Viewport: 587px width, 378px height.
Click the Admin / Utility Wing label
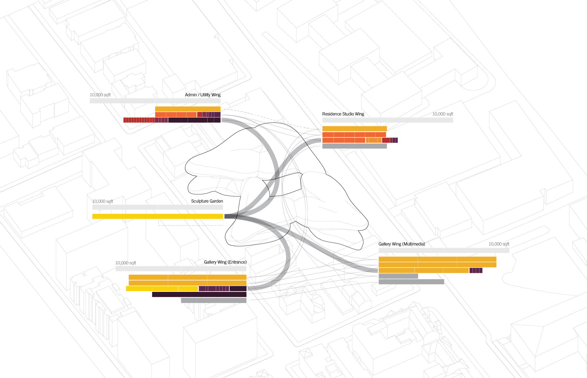[x=203, y=95]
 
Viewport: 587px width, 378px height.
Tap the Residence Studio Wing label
[x=343, y=114]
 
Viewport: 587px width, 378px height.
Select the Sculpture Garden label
[x=207, y=201]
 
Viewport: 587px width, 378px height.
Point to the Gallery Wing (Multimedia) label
[x=402, y=244]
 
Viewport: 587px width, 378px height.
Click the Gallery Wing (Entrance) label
[x=225, y=262]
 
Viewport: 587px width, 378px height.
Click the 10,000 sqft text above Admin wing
[x=100, y=95]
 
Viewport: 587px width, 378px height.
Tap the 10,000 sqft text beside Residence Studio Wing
[x=443, y=114]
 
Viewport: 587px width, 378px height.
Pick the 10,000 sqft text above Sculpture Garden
[x=103, y=202]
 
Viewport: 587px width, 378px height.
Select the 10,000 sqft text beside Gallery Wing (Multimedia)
[x=499, y=244]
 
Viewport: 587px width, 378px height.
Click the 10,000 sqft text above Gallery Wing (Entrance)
[x=125, y=263]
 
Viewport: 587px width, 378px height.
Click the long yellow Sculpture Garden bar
[x=158, y=216]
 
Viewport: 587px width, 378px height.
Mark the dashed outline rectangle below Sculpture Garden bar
[x=191, y=223]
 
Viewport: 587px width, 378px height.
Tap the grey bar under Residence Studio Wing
[x=354, y=146]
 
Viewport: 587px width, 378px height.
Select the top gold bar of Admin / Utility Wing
[x=188, y=109]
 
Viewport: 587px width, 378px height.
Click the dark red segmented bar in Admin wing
[x=139, y=120]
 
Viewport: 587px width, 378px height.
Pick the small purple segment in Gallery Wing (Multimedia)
[x=476, y=270]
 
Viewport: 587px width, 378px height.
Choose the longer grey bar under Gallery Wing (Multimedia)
[x=411, y=282]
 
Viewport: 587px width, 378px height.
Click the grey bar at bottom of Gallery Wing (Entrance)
[x=213, y=300]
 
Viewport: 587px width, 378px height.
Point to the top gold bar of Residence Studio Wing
[x=354, y=129]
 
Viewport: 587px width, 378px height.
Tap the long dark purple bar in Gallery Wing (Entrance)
[x=199, y=294]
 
